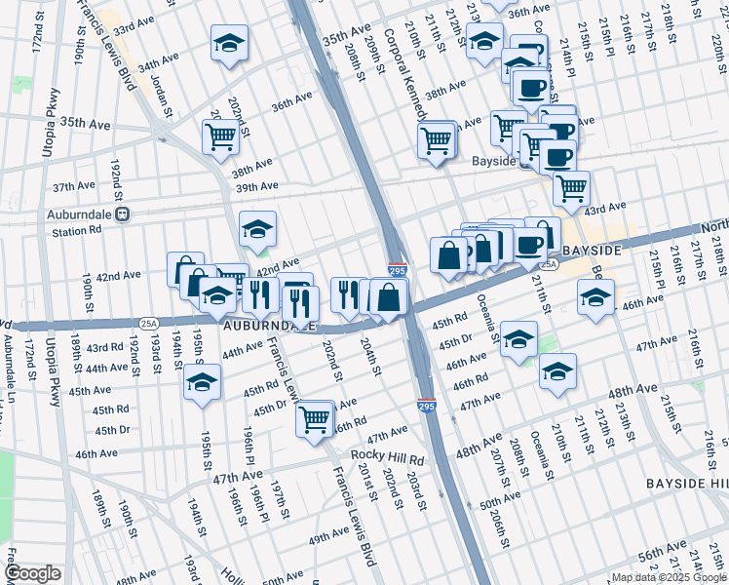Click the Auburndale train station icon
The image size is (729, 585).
click(122, 214)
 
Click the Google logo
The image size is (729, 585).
click(33, 573)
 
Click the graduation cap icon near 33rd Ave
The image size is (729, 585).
click(230, 43)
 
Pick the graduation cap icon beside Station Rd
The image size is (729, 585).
click(257, 229)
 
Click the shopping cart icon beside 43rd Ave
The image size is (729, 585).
click(571, 187)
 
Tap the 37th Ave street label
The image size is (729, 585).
click(74, 185)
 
